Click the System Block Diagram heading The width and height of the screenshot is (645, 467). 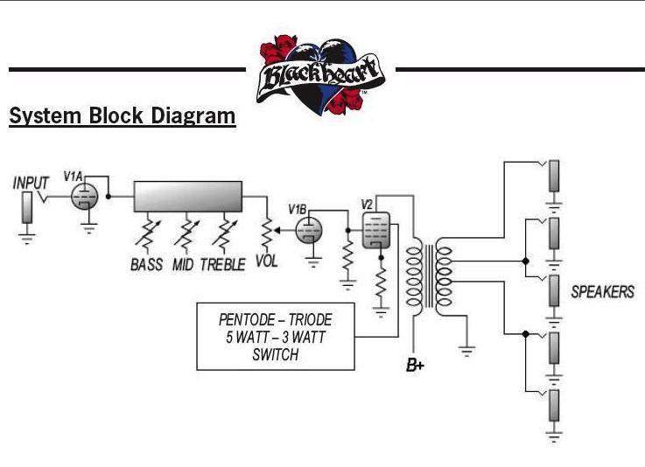coord(122,116)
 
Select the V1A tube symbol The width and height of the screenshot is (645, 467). coord(84,198)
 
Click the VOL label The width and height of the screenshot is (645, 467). coord(266,261)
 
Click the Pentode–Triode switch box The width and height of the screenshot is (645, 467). coord(276,336)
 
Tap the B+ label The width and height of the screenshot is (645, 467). coord(415,366)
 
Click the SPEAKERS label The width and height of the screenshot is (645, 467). coord(602,292)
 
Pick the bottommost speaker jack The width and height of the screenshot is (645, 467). coord(554,407)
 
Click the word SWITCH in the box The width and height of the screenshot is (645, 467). coord(276,355)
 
